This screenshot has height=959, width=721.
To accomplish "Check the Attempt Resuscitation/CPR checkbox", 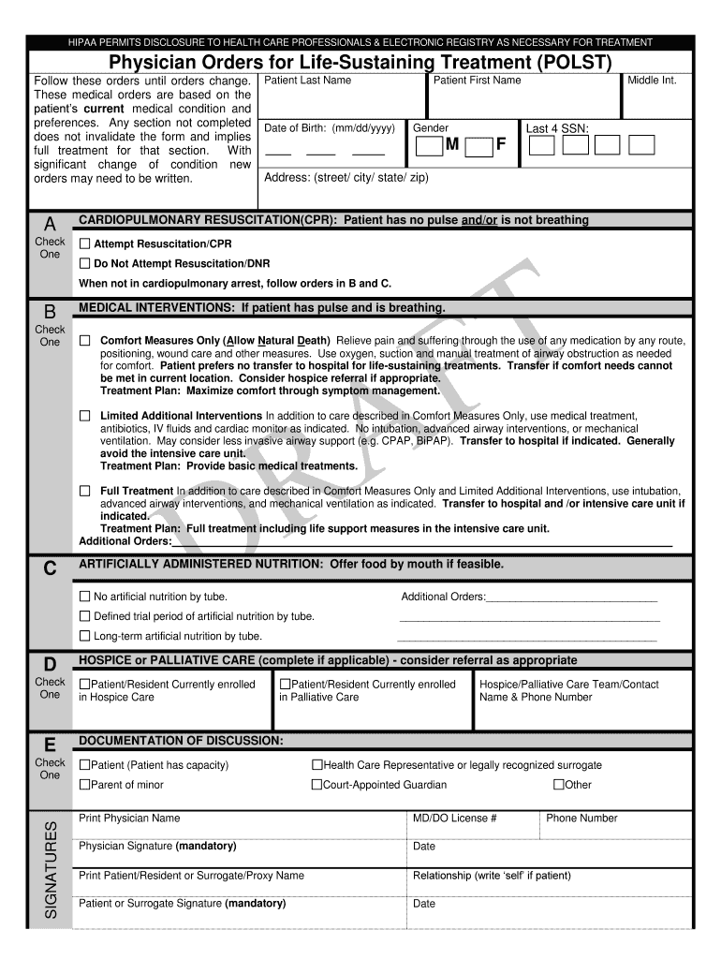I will (85, 243).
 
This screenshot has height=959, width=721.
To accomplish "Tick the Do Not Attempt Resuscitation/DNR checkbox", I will (85, 263).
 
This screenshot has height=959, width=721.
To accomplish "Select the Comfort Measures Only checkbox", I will (85, 340).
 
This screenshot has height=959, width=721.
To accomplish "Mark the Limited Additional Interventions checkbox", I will (85, 415).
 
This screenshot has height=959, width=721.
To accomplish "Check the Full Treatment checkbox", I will (85, 490).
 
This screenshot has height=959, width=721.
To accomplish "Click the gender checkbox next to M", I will (429, 146).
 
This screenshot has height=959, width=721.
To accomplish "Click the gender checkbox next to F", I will (478, 146).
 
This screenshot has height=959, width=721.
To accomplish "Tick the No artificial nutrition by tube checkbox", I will (85, 597).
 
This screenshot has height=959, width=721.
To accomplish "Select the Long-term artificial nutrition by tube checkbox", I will (85, 636).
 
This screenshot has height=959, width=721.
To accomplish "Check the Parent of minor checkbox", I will (85, 785).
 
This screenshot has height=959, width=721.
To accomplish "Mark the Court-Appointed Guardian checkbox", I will (316, 785).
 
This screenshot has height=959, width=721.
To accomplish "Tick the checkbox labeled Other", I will (559, 785).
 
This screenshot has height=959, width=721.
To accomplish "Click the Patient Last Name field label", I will (307, 81).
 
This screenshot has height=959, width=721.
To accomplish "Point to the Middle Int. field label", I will (652, 81).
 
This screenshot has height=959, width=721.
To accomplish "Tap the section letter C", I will (51, 568).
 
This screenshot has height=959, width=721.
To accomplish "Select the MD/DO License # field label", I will (454, 818).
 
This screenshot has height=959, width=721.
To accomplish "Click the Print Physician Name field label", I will (129, 818).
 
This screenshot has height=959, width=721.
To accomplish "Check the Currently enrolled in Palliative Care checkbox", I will (286, 685).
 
